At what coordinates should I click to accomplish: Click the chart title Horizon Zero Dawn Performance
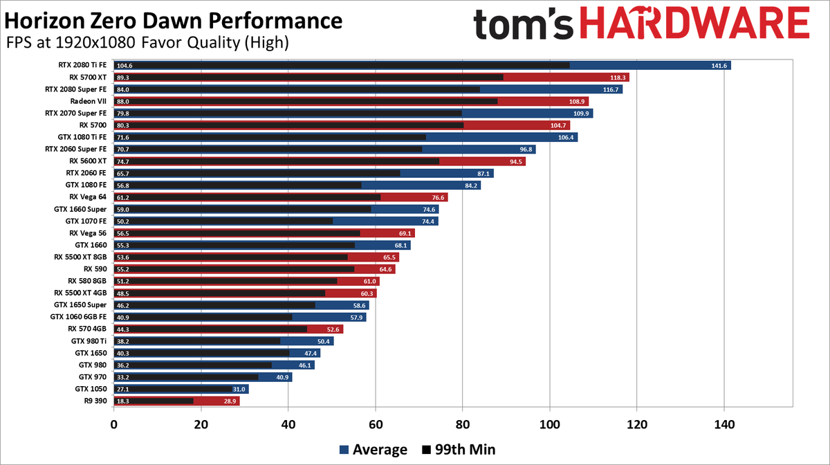click(x=172, y=20)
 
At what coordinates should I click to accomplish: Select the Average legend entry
click(x=373, y=449)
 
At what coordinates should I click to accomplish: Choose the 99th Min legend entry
click(x=457, y=449)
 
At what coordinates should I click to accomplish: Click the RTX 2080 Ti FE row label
click(x=82, y=65)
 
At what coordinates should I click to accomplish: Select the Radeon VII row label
click(x=89, y=101)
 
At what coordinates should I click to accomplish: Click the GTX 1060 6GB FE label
click(x=78, y=317)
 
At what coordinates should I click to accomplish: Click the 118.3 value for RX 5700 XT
click(x=618, y=77)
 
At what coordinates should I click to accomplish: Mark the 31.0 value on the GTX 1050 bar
click(x=239, y=389)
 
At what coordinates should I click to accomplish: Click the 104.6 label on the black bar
click(x=126, y=66)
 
